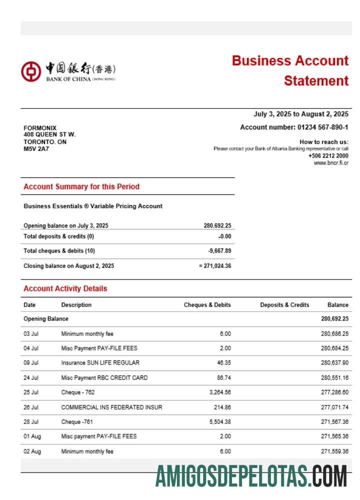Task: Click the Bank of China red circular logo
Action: pos(30,71)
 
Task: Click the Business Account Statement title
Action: pos(290,70)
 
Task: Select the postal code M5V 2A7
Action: pos(36,148)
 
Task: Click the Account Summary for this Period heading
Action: pos(81,186)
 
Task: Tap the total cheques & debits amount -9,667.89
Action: pos(219,250)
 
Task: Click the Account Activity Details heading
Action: pos(65,288)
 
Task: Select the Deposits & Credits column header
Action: pos(284,305)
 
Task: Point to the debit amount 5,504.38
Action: pos(220,422)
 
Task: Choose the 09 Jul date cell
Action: pos(31,363)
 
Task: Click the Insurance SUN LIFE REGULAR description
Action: pos(100,363)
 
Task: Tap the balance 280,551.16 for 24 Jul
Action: pos(334,378)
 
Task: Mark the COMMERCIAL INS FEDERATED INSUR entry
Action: pos(111,407)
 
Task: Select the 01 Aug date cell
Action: pos(32,436)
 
